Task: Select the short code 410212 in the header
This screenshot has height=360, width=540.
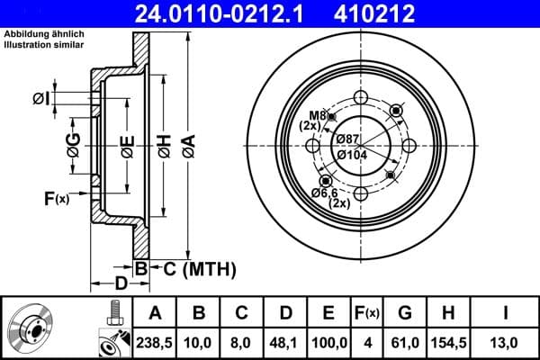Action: click(x=401, y=13)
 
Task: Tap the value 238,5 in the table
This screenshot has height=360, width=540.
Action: click(x=155, y=342)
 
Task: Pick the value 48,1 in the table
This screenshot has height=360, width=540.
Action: click(x=285, y=342)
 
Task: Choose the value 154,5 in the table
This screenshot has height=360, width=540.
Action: click(x=447, y=342)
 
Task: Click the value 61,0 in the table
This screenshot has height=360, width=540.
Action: click(x=404, y=342)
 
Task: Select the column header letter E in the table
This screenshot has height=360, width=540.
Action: click(x=328, y=313)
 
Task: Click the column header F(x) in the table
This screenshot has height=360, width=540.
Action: click(x=366, y=313)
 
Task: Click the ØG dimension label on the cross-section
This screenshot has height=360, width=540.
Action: click(x=73, y=139)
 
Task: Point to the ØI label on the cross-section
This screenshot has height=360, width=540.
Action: click(x=65, y=97)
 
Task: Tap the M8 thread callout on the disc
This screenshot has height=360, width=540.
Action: click(x=315, y=115)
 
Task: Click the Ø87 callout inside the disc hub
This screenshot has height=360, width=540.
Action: click(x=347, y=138)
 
